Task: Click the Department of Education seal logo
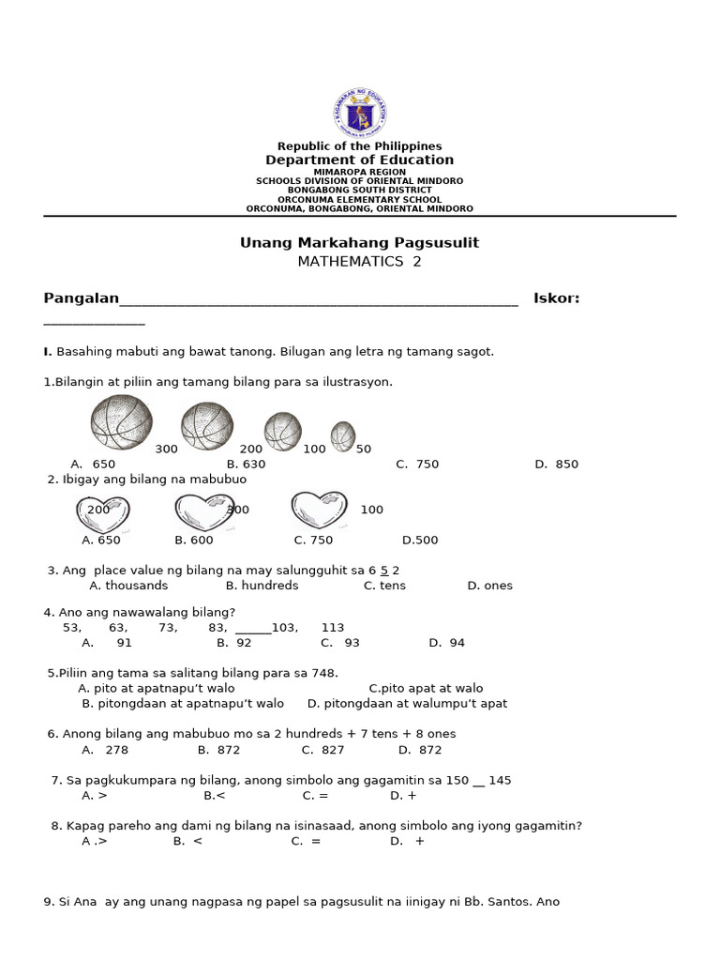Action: [x=359, y=114]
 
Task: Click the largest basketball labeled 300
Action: [x=121, y=422]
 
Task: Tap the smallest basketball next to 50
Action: [x=343, y=436]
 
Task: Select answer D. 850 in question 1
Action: [x=556, y=465]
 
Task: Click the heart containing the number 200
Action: [x=102, y=513]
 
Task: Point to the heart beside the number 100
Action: [x=319, y=510]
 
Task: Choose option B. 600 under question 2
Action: [x=193, y=541]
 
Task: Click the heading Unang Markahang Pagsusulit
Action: [x=359, y=243]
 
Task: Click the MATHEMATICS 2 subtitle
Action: [x=359, y=262]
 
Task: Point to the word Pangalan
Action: [x=82, y=298]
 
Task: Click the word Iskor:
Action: [x=556, y=298]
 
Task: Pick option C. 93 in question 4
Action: [x=340, y=644]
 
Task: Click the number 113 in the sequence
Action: [x=333, y=628]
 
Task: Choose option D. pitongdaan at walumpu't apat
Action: [x=407, y=704]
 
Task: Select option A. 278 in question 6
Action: [x=105, y=750]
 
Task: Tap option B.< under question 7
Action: [x=215, y=796]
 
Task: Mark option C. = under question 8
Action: [x=306, y=842]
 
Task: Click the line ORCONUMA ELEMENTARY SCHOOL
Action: [x=359, y=200]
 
